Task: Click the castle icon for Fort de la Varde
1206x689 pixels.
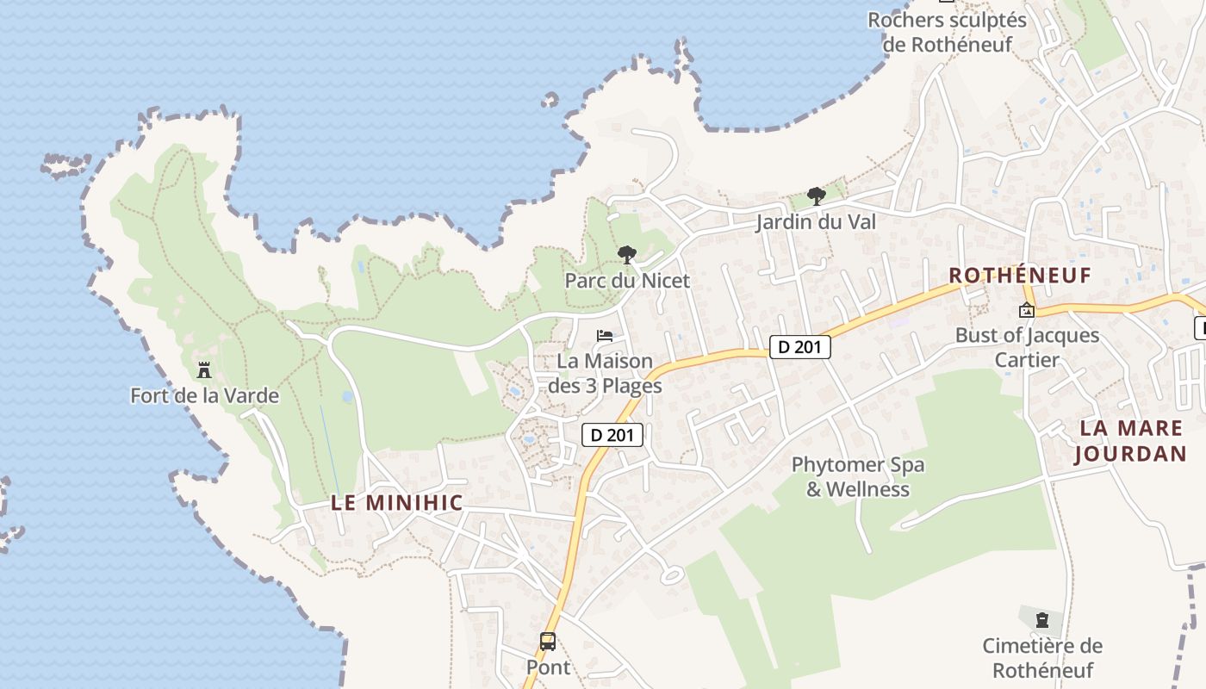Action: tap(204, 370)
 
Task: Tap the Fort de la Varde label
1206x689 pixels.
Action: tap(204, 396)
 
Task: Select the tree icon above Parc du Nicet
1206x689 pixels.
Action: tap(627, 255)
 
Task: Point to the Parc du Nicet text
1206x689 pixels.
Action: tap(627, 281)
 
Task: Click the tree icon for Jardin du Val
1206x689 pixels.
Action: tap(816, 196)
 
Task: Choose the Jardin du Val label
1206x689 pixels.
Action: tap(816, 222)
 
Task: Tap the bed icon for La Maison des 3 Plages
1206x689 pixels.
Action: tap(606, 335)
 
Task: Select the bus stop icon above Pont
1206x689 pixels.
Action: tap(548, 642)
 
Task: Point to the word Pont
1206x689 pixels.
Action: tap(548, 667)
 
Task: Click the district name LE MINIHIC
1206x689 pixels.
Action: tap(397, 503)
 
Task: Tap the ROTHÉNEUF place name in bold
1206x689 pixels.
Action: tap(1020, 276)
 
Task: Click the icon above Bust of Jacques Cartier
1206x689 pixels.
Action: tap(1027, 310)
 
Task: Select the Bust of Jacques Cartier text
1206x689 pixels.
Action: tap(1027, 347)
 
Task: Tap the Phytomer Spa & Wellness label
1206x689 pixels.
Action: tap(858, 477)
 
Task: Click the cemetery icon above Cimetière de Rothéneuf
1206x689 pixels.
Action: tap(1042, 619)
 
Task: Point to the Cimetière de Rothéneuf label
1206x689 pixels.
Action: tap(1042, 658)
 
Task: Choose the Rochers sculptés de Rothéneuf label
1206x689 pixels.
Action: tap(947, 32)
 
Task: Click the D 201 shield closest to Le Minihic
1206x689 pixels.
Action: tap(612, 435)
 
